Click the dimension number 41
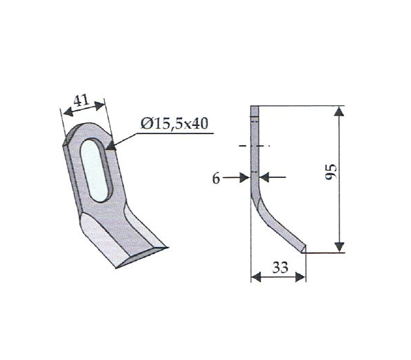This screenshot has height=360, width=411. click(x=82, y=101)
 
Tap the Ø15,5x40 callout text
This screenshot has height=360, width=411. click(x=174, y=123)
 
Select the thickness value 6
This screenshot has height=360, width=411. click(x=216, y=179)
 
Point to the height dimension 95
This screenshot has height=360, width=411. click(x=330, y=172)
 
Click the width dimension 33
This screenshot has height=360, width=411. click(x=280, y=268)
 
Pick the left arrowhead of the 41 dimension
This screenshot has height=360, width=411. click(x=68, y=112)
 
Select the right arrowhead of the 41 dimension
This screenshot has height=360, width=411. click(x=100, y=106)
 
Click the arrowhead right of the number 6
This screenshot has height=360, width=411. click(x=245, y=177)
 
